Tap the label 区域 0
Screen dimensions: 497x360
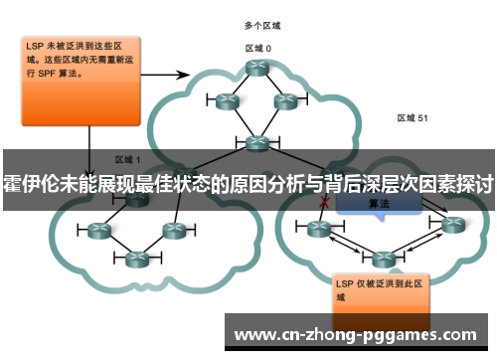click(258, 47)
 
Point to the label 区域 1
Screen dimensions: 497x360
click(128, 158)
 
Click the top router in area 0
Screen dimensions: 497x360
click(257, 69)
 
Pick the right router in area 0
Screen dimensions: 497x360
click(285, 100)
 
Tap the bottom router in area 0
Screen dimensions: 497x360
click(257, 142)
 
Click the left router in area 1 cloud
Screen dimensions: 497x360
click(98, 230)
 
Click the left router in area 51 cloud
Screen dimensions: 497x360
click(319, 228)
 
